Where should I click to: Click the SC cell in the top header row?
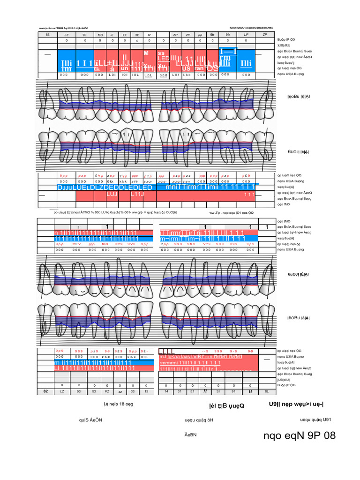pos(100,35)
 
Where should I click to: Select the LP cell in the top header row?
pos(245,35)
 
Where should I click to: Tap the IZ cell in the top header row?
pos(149,35)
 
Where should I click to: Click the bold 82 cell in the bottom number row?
pos(45,391)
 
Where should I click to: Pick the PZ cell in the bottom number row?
pos(107,391)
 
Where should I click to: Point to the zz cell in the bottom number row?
pos(120,391)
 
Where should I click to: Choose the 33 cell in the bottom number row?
pos(133,391)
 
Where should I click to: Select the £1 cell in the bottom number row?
pos(191,391)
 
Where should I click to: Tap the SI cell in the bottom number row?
pos(217,391)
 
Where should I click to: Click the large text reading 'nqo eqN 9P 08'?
pos(300,436)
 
